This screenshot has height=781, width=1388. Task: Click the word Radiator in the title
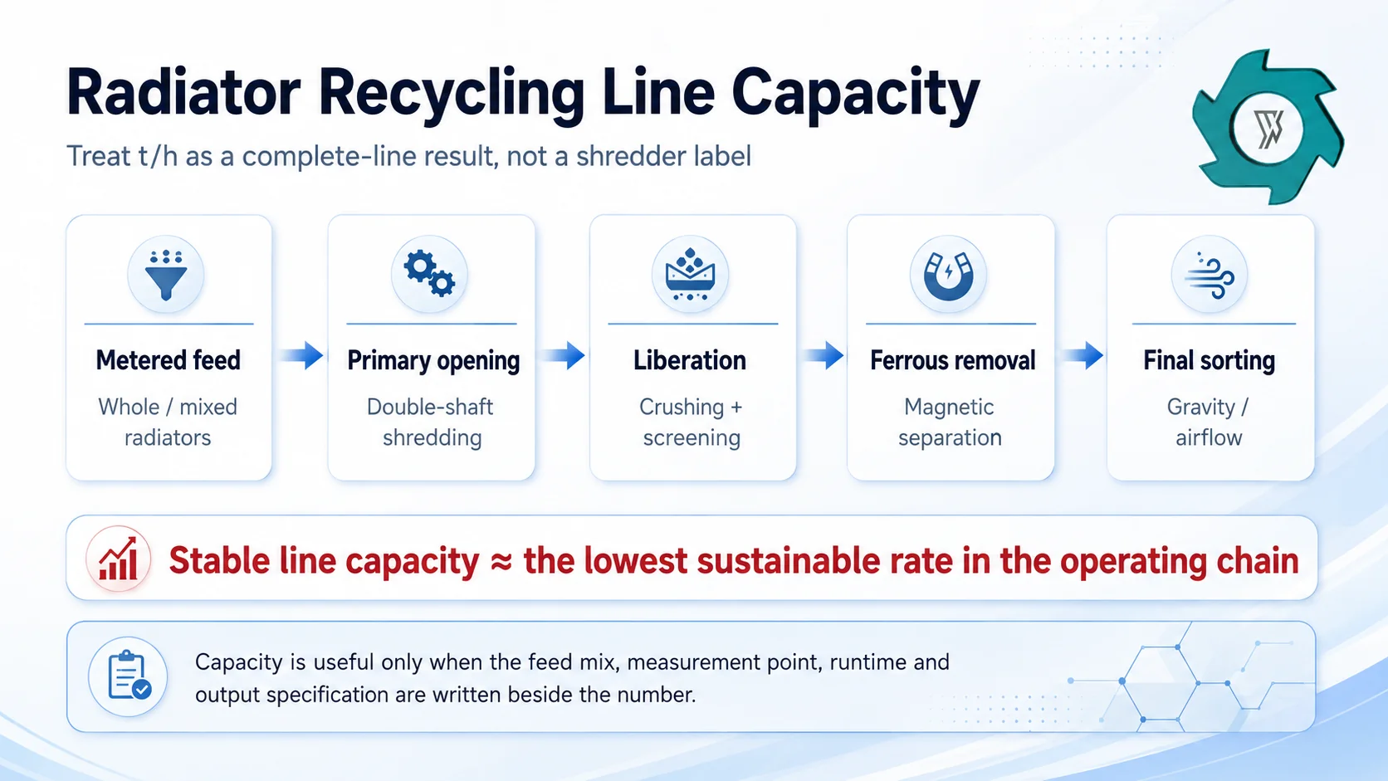(183, 94)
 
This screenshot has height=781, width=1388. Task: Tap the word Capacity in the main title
(856, 96)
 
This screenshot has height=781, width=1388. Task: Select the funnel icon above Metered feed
(165, 275)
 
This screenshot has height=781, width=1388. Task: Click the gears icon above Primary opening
(429, 274)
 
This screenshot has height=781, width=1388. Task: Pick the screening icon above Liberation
(690, 275)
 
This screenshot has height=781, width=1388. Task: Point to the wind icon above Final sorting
(1209, 276)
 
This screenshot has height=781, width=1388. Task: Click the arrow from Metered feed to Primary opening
(301, 355)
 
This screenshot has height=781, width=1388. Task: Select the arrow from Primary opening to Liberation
(564, 355)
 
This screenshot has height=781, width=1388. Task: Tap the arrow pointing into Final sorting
(1083, 355)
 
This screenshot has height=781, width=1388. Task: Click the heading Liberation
(690, 360)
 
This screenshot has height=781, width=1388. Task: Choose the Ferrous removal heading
(952, 360)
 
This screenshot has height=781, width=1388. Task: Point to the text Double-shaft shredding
(431, 422)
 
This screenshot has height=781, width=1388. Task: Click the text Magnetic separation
(950, 422)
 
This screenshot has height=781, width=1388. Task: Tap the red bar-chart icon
(119, 559)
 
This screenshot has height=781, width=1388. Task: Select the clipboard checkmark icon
(129, 676)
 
